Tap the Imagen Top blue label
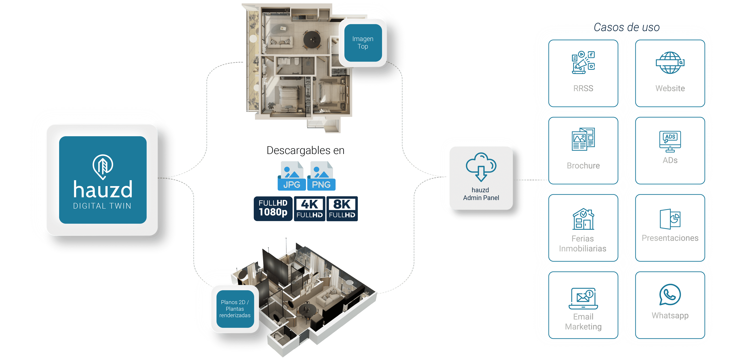point(363,43)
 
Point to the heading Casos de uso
point(627,27)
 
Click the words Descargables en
point(305,150)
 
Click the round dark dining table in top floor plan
point(312,39)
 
